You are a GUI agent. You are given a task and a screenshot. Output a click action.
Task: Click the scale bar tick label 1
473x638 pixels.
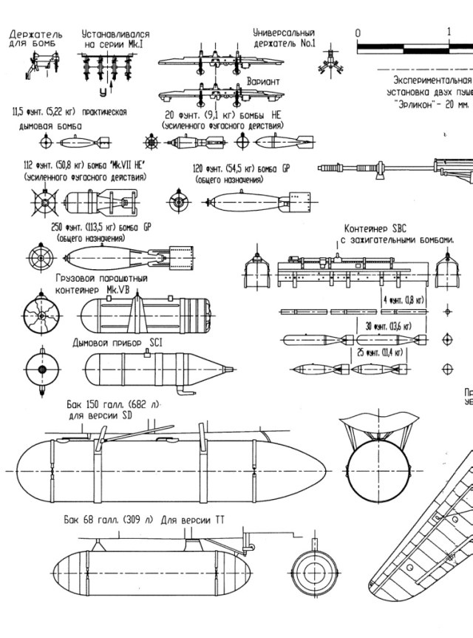[449, 33]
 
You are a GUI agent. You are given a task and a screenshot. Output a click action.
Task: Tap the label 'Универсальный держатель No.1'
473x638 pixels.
[284, 38]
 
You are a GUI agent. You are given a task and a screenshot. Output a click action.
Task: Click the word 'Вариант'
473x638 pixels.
[263, 81]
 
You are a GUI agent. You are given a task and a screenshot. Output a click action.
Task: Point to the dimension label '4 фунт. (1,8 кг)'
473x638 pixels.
[403, 300]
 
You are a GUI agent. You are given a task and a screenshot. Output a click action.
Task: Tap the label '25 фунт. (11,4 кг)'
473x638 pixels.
[380, 353]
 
